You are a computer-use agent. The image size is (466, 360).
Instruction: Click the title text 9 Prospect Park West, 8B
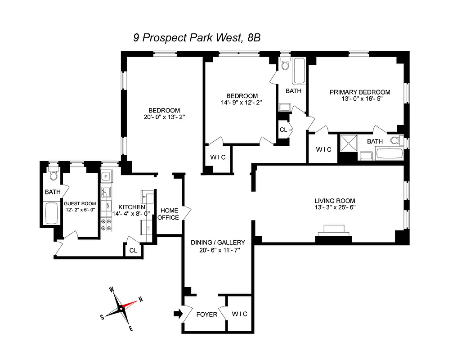pyautogui.click(x=197, y=38)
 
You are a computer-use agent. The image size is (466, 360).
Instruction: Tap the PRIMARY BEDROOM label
pyautogui.click(x=360, y=92)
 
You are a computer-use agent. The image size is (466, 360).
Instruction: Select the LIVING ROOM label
pyautogui.click(x=335, y=201)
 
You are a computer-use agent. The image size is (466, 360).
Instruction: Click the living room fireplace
pyautogui.click(x=333, y=230)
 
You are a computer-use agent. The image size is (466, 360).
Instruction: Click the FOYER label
pyautogui.click(x=207, y=315)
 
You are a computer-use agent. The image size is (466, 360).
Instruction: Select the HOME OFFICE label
pyautogui.click(x=169, y=214)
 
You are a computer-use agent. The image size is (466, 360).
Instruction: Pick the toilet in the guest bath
pyautogui.click(x=53, y=173)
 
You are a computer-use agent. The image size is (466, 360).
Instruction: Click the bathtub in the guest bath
pyautogui.click(x=52, y=214)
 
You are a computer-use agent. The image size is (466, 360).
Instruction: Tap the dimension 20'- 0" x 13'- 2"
pyautogui.click(x=164, y=118)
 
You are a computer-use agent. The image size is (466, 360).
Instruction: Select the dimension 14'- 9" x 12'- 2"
pyautogui.click(x=242, y=103)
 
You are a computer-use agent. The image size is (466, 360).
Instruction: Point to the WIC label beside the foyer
pyautogui.click(x=239, y=314)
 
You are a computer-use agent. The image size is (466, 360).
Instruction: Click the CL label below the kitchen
pyautogui.click(x=134, y=250)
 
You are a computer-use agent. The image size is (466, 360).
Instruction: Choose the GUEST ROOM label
pyautogui.click(x=80, y=203)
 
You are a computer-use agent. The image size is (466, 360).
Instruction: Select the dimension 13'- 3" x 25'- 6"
pyautogui.click(x=335, y=208)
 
